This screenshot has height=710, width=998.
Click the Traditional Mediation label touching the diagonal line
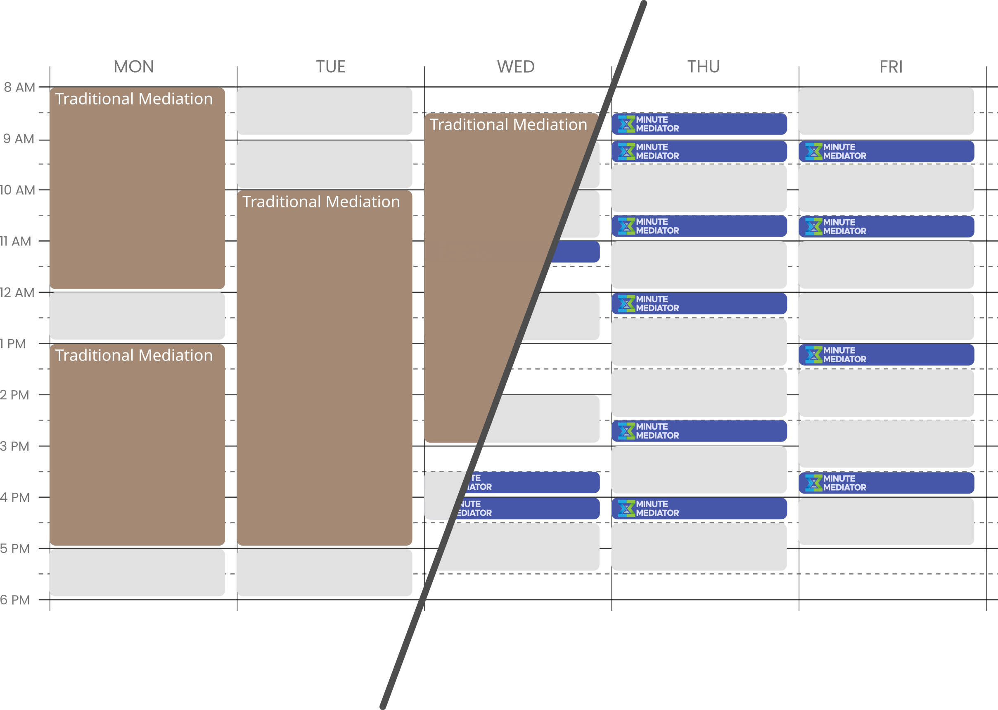pos(508,125)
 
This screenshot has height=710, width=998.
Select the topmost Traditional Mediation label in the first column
pos(134,99)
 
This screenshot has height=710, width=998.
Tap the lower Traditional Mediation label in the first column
pos(134,356)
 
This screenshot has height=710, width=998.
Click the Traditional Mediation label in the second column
pos(321,202)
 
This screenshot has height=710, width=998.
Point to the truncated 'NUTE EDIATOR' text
pos(474,508)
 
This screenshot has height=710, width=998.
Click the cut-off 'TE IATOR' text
pos(479,483)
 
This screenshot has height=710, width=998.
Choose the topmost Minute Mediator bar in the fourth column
pos(699,125)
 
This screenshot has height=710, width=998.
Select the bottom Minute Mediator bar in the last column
pos(891,483)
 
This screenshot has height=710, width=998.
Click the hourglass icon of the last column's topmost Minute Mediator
pos(813,152)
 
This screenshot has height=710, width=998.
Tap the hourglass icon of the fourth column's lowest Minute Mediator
pos(626,508)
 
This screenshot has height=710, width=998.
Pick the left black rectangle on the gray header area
pos(713,73)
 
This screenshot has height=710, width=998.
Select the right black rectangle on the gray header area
pos(902,73)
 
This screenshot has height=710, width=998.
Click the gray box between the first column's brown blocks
pos(137,317)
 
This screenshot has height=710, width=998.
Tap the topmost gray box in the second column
pos(325,113)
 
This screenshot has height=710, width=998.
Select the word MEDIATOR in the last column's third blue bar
pos(845,359)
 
